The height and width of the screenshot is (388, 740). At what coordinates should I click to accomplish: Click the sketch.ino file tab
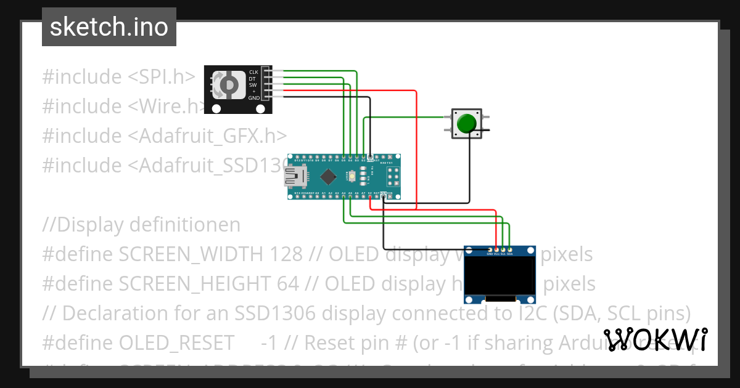[x=109, y=27]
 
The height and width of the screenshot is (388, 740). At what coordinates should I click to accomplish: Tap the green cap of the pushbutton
[x=467, y=123]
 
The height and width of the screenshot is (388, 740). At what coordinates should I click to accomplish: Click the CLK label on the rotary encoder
[x=253, y=72]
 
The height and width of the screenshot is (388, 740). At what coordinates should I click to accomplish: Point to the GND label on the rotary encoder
[x=253, y=98]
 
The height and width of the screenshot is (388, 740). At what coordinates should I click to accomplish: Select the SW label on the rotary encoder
[x=253, y=85]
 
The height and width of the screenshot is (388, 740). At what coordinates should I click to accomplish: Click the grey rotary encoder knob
[x=228, y=84]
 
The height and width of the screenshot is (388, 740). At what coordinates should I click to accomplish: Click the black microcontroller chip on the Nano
[x=327, y=177]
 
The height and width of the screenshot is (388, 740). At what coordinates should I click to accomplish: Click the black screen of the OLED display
[x=500, y=275]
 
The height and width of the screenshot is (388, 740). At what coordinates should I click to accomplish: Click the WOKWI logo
[x=655, y=339]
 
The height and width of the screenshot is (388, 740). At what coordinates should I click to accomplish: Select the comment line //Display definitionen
[x=141, y=225]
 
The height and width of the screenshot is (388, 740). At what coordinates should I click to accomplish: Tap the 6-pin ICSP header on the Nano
[x=393, y=177]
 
